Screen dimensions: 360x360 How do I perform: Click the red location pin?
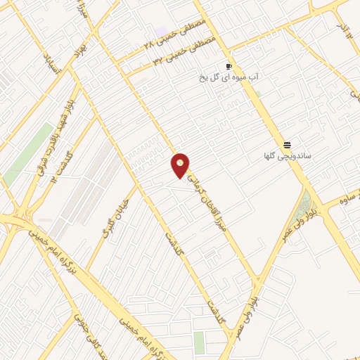[181, 165]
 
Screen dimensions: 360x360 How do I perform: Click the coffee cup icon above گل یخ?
[228, 67]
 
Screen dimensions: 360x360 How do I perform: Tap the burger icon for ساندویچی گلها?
[287, 144]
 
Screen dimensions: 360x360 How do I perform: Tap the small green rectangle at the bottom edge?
[199, 342]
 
